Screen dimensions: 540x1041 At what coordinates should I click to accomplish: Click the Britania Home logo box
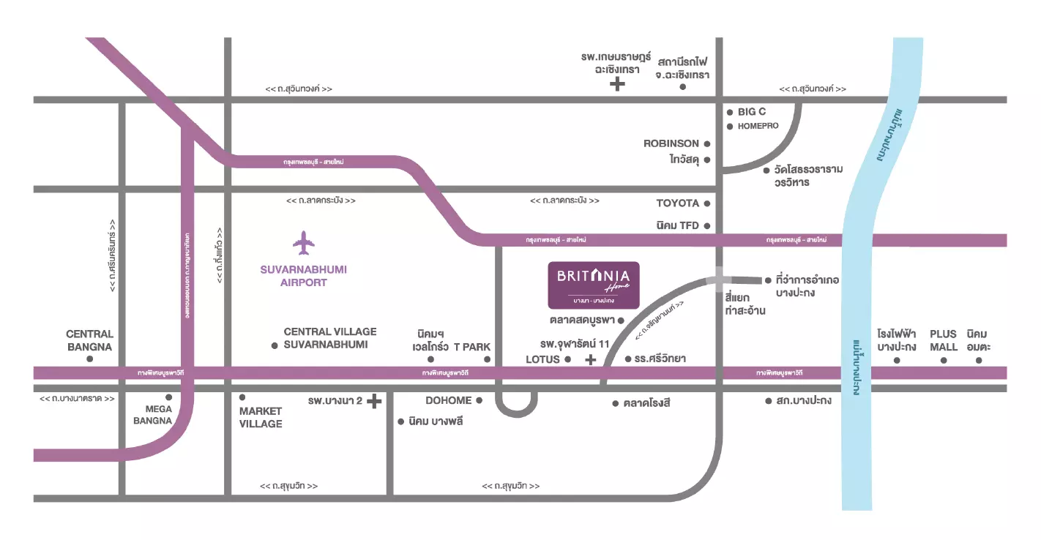(x=594, y=284)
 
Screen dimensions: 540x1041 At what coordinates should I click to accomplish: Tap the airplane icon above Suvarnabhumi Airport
(x=303, y=242)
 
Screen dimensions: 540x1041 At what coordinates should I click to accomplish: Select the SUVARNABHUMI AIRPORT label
(x=303, y=276)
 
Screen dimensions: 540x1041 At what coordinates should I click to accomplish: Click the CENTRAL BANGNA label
(x=89, y=340)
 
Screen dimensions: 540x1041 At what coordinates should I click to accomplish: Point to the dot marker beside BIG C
(x=730, y=113)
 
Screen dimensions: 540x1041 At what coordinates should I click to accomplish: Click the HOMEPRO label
(x=758, y=126)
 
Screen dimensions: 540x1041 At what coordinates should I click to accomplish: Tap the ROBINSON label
(x=671, y=143)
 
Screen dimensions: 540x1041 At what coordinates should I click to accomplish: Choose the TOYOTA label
(x=678, y=203)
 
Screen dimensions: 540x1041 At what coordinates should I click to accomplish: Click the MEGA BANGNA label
(x=152, y=414)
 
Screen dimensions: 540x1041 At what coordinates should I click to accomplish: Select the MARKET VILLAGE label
(x=261, y=417)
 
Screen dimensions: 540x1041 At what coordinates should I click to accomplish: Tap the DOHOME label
(x=448, y=400)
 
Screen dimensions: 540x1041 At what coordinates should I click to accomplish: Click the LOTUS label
(x=542, y=359)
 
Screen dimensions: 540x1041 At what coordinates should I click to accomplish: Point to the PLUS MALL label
(x=944, y=340)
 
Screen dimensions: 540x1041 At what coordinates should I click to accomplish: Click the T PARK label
(x=472, y=347)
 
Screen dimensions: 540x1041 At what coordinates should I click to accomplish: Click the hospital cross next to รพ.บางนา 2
(x=374, y=401)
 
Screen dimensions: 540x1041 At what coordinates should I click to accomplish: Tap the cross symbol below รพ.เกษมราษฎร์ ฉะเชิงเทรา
(x=617, y=85)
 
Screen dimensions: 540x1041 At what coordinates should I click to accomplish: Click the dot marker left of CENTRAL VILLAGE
(x=275, y=345)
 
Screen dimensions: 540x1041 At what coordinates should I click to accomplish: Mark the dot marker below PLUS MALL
(x=944, y=359)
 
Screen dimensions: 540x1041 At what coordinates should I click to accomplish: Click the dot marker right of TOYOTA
(x=707, y=203)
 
